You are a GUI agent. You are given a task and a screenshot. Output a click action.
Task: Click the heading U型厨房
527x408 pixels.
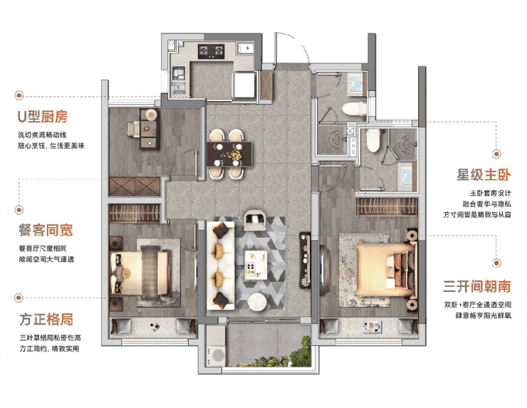(43, 116)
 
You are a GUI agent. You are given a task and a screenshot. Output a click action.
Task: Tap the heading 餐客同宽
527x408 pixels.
(46, 230)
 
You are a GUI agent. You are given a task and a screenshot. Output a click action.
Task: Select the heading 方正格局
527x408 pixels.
(46, 319)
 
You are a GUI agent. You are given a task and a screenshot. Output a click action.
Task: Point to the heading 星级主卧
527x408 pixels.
(484, 174)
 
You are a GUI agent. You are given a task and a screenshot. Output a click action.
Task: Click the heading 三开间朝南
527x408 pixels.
(477, 286)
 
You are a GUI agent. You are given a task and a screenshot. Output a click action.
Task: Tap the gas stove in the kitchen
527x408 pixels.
(211, 51)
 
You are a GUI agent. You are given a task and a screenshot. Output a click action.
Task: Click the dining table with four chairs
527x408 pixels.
(229, 155)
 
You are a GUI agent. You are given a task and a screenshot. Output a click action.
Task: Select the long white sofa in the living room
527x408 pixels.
(221, 266)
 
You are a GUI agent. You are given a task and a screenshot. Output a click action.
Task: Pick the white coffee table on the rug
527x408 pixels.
(256, 265)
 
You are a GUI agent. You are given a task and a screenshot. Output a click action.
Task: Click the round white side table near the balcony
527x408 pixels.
(258, 302)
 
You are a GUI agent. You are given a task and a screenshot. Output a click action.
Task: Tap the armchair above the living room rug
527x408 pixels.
(255, 220)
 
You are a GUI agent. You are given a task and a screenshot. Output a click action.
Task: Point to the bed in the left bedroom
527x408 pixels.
(140, 273)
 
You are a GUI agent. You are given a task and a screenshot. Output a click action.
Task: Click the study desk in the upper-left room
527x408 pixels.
(149, 129)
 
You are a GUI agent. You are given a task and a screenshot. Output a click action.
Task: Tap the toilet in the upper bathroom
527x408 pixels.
(354, 110)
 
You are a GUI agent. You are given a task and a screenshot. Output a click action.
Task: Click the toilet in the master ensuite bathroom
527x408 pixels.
(372, 140)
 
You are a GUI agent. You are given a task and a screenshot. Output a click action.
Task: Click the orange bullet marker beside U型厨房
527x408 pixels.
(19, 95)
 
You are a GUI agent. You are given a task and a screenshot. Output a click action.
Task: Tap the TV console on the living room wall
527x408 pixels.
(305, 260)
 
